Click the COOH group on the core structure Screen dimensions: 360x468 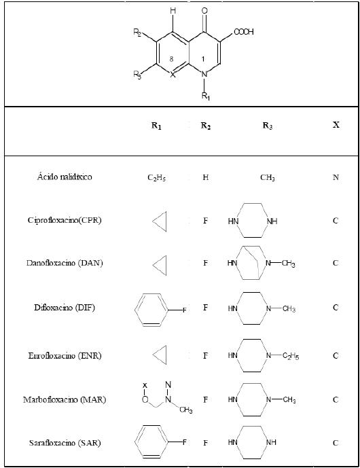coord(244,32)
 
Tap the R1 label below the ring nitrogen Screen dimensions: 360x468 coord(206,96)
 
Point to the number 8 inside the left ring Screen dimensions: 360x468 coord(171,59)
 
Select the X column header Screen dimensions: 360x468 coord(336,125)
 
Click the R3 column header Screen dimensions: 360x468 coord(268,126)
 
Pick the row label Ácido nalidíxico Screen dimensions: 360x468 coord(65,177)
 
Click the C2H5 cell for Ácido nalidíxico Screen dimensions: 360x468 coord(157,177)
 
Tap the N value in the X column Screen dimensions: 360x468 coord(336,177)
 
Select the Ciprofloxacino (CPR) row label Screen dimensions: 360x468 coord(65,220)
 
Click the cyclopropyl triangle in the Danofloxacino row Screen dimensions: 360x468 coord(160,265)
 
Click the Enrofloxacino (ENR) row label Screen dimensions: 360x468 coord(65,356)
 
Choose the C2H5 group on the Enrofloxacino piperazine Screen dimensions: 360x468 coord(291,356)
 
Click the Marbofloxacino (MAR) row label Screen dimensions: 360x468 coord(65,399)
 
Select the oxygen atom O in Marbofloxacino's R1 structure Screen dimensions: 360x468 coord(145,399)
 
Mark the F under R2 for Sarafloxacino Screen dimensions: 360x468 coord(205,443)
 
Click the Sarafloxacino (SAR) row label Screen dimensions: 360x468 coord(65,443)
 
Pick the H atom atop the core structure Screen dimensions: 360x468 coord(173,11)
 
